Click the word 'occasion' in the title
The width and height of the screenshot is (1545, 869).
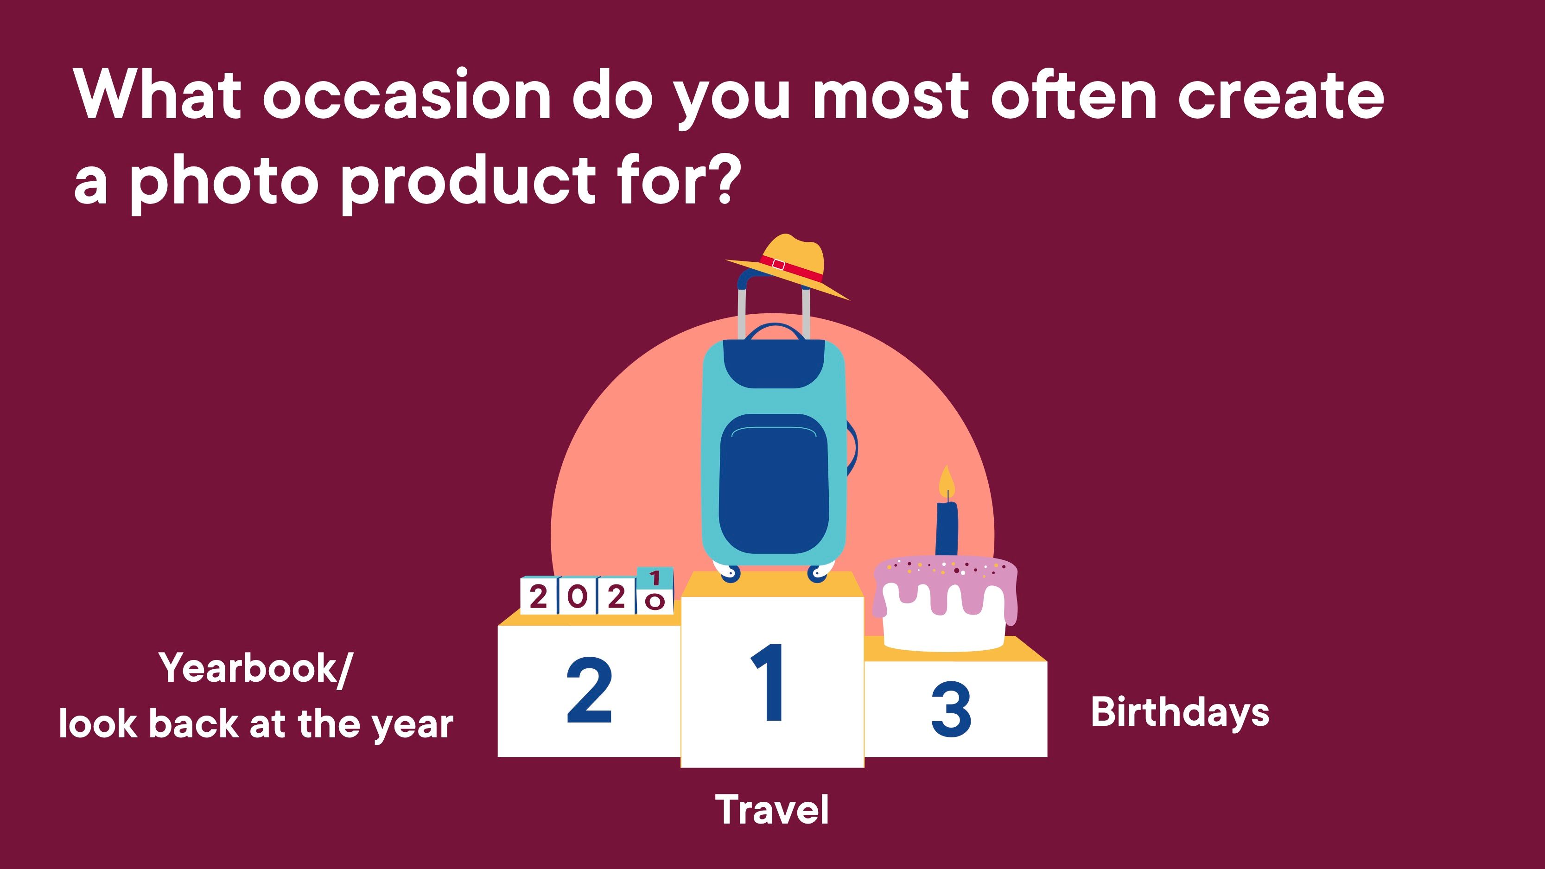406,96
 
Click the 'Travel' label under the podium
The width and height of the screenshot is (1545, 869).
772,809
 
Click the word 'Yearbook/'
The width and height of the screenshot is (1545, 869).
256,668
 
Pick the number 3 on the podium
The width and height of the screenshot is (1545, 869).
951,710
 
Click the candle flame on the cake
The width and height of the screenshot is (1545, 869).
947,481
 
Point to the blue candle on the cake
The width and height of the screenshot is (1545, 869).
947,528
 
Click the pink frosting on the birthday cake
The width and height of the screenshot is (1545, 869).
945,579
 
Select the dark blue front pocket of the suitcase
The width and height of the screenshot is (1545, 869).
774,483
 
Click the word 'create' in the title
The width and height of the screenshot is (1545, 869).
1281,96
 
